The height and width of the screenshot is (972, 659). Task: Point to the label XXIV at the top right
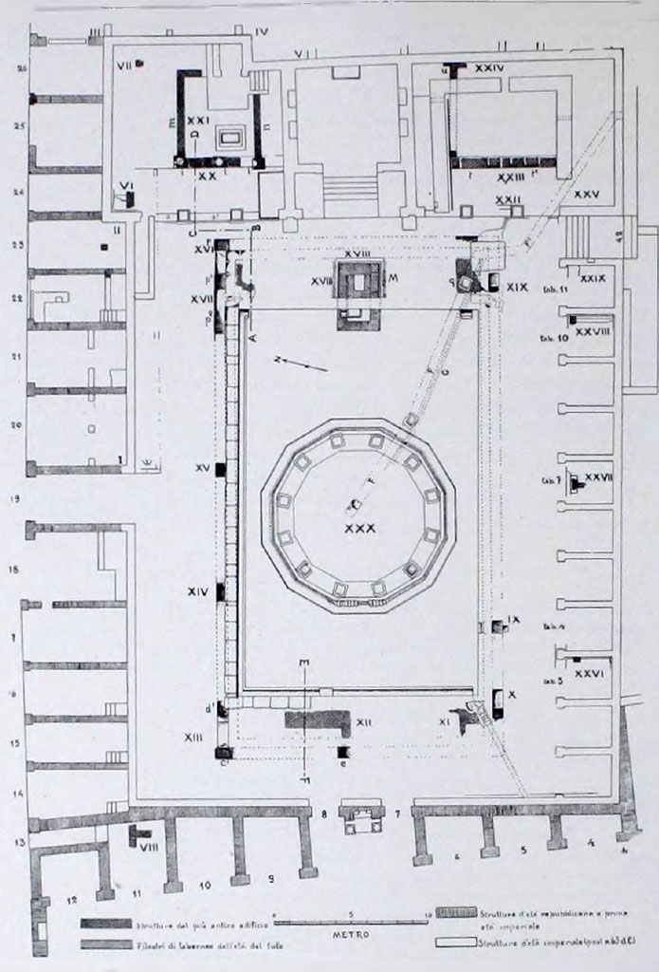(488, 67)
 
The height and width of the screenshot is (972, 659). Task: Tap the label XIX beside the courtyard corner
(518, 284)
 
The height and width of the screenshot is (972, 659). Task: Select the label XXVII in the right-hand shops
(598, 477)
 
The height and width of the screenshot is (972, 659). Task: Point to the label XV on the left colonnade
(201, 469)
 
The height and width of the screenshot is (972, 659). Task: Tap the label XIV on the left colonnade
(198, 591)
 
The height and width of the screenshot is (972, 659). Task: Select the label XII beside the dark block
(364, 723)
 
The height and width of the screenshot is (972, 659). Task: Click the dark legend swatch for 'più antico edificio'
(106, 923)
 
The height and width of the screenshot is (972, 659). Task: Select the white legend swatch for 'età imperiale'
(456, 944)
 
